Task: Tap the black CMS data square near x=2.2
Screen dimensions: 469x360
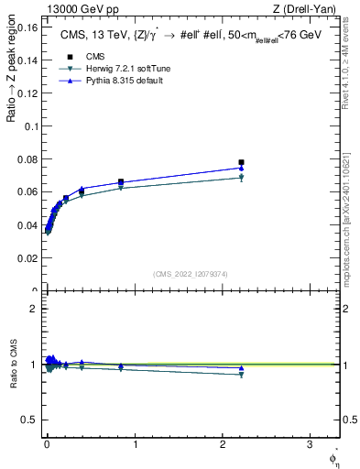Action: pyautogui.click(x=241, y=162)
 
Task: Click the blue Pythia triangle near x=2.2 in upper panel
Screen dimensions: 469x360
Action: pyautogui.click(x=241, y=168)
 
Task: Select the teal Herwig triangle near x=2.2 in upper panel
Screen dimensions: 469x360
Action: pyautogui.click(x=241, y=178)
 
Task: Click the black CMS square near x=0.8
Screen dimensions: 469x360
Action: pyautogui.click(x=121, y=181)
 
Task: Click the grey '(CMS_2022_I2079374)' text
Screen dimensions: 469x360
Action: pyautogui.click(x=191, y=272)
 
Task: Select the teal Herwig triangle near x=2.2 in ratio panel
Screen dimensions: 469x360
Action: pyautogui.click(x=241, y=375)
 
